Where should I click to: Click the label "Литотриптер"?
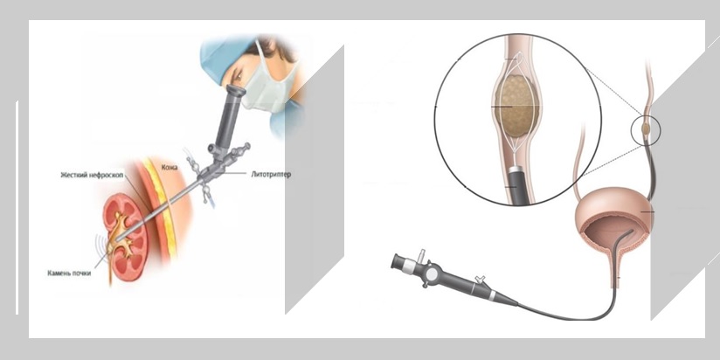tap(271, 175)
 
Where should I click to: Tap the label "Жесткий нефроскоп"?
tap(92, 175)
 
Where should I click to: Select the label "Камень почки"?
tap(69, 273)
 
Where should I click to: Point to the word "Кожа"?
tap(170, 168)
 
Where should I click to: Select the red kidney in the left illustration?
tap(125, 237)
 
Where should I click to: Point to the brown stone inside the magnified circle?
tap(516, 106)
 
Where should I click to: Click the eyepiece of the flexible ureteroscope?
tap(398, 262)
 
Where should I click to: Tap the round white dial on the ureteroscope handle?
tap(431, 274)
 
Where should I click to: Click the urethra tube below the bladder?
tap(615, 272)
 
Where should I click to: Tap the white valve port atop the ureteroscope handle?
tap(421, 254)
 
